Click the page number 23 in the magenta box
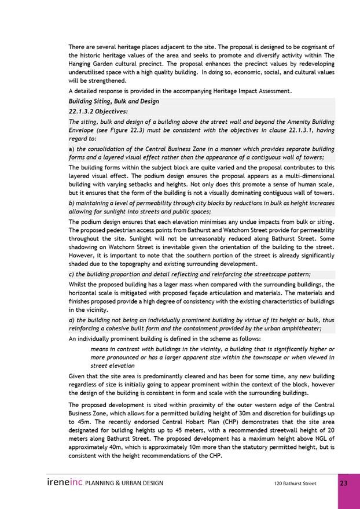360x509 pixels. (x=344, y=483)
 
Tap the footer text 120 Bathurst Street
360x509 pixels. (x=295, y=484)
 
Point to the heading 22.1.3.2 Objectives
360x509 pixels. (x=98, y=111)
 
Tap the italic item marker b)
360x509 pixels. (x=72, y=204)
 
